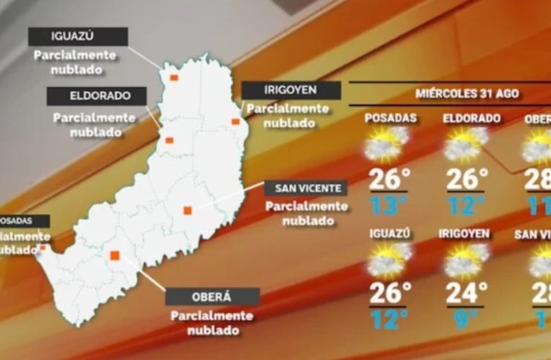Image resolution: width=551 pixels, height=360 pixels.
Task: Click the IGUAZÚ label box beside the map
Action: point(78,37)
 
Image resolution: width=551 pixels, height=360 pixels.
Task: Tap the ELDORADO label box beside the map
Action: point(96,96)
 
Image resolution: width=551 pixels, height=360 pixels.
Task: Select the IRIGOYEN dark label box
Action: point(291,90)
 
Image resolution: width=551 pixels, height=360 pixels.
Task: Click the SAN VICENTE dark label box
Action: point(306,188)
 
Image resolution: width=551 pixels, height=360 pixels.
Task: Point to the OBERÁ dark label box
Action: point(212,296)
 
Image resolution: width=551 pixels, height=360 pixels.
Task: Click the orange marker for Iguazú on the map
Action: point(174,78)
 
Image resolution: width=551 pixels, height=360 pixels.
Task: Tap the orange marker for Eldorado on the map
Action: point(169,141)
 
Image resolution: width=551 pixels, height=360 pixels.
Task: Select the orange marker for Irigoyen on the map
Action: point(236,121)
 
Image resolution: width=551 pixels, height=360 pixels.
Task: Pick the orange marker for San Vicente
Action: point(188,210)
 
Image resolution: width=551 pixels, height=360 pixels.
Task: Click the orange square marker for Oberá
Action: point(115,255)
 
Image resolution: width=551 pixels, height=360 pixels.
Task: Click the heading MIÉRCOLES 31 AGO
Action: point(467,93)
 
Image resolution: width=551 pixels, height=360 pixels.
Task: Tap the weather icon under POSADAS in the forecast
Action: point(387,144)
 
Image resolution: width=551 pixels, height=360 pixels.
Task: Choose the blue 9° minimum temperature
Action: point(467,319)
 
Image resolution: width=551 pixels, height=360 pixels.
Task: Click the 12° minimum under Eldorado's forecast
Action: point(466,206)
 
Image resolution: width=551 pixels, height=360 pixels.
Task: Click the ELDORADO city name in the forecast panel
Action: point(472,119)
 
